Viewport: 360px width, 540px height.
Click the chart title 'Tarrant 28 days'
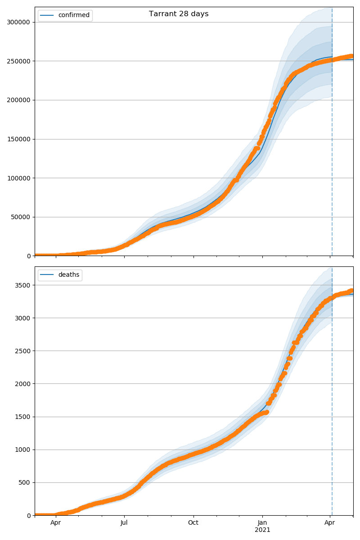coord(179,14)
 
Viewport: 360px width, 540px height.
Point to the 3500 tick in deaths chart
coord(23,285)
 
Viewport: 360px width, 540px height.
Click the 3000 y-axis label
coord(23,318)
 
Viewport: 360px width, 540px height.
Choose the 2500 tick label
coord(23,351)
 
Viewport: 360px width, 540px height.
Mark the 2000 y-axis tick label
coord(23,384)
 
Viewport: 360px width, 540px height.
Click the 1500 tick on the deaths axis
coord(23,417)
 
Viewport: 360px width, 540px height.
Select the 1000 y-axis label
coord(23,450)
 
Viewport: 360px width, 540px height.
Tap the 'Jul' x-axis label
coord(124,523)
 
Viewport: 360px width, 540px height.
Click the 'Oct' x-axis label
coord(193,523)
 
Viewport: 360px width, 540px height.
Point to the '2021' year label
coord(262,530)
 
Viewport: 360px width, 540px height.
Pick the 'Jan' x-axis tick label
coord(262,523)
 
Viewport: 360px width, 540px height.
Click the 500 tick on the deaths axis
coord(25,482)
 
